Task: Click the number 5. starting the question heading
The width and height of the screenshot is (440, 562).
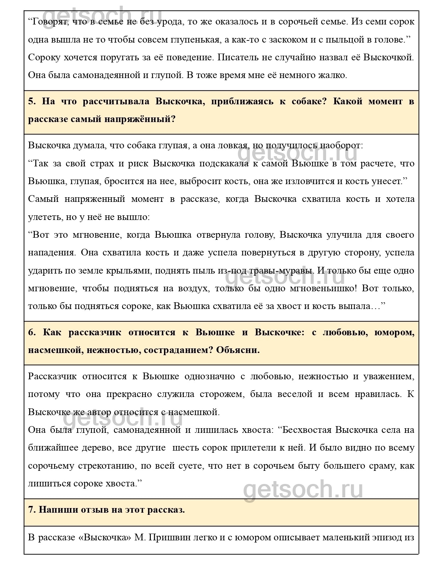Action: tap(32, 101)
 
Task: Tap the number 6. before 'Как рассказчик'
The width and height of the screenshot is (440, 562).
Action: tap(32, 332)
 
